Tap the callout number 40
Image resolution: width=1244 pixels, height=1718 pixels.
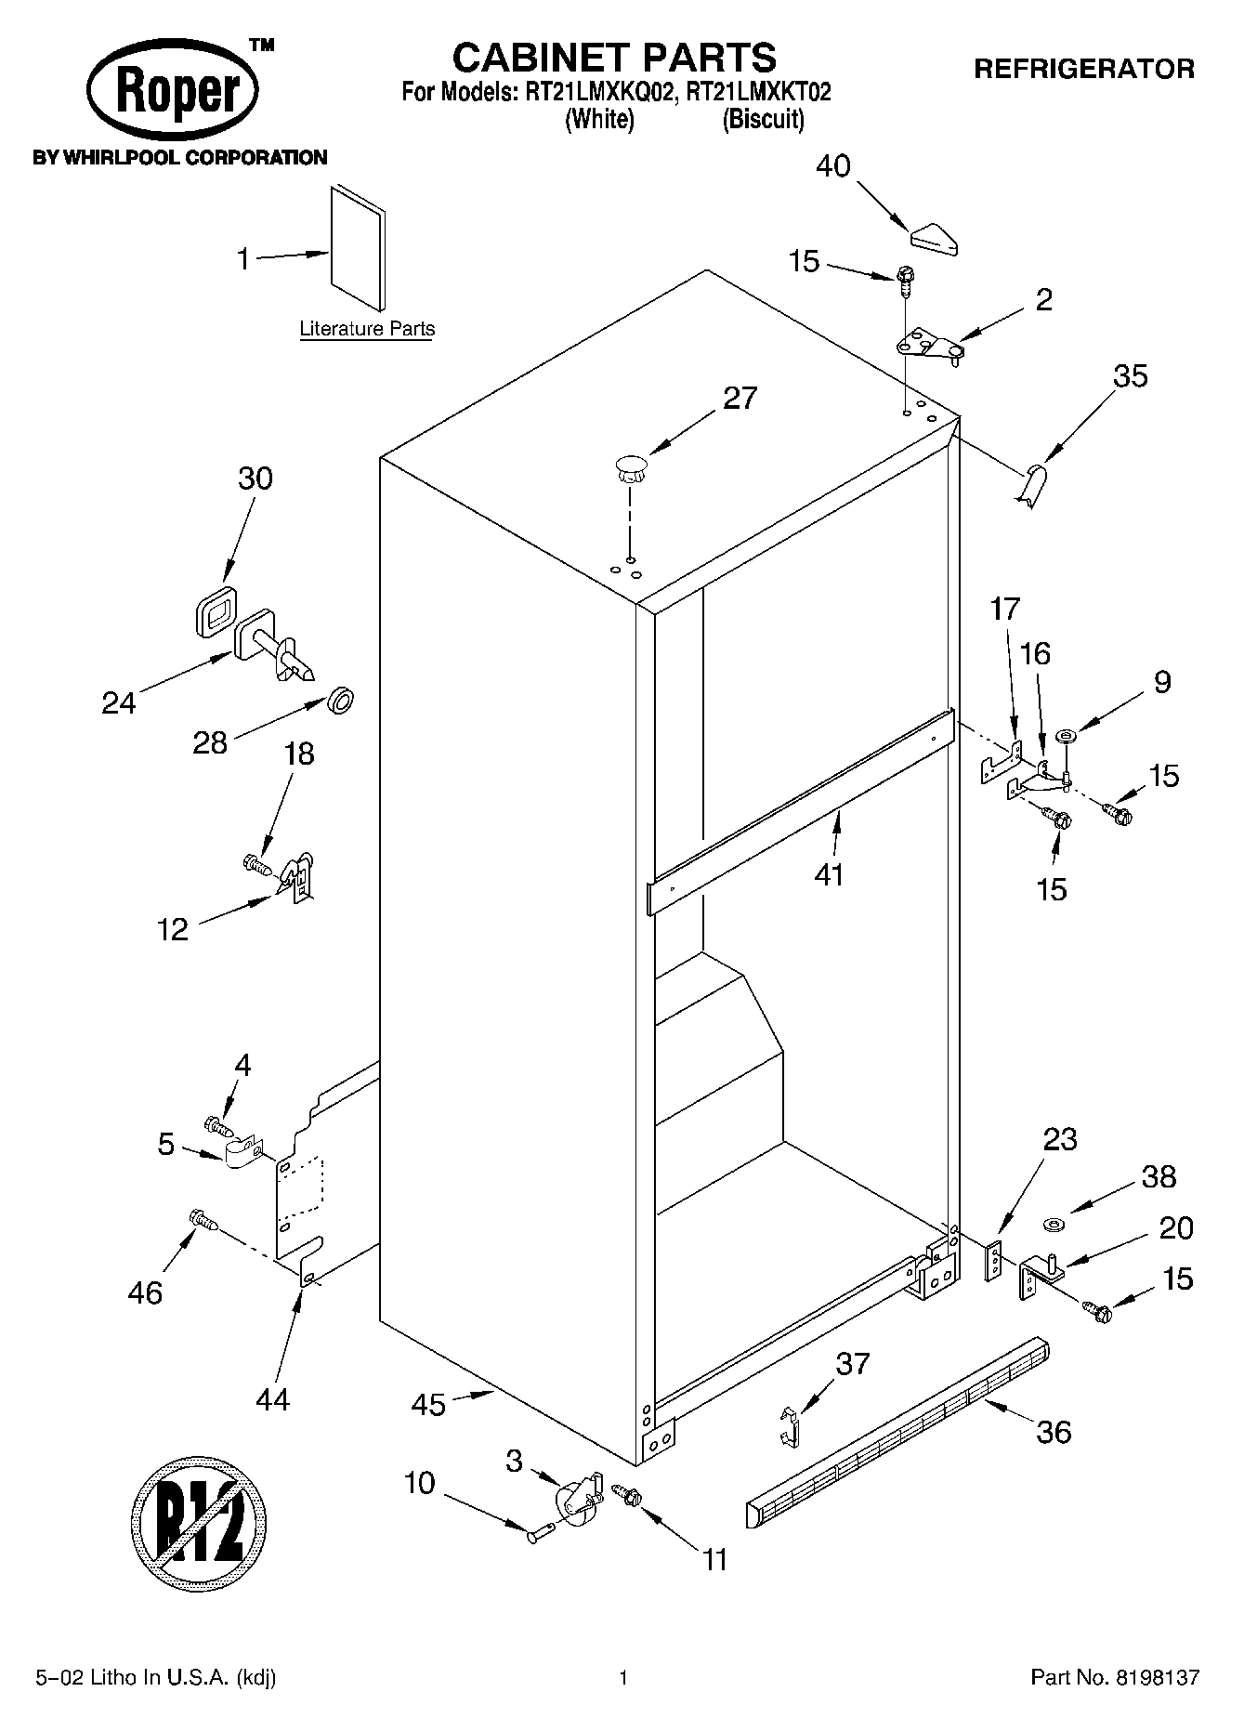pos(832,166)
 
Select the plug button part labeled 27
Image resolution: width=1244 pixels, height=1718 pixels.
pos(630,466)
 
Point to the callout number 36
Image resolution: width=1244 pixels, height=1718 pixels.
pos(1054,1432)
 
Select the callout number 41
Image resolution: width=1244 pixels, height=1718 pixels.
pos(829,874)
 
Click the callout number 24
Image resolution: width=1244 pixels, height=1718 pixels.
pos(119,702)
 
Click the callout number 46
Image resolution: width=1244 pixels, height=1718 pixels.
pos(146,1292)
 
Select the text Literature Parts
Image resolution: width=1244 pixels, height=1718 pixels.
pos(367,329)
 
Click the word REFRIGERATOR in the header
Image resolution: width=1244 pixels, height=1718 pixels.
pos(1083,69)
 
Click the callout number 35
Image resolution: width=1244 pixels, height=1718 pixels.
pos(1130,376)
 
